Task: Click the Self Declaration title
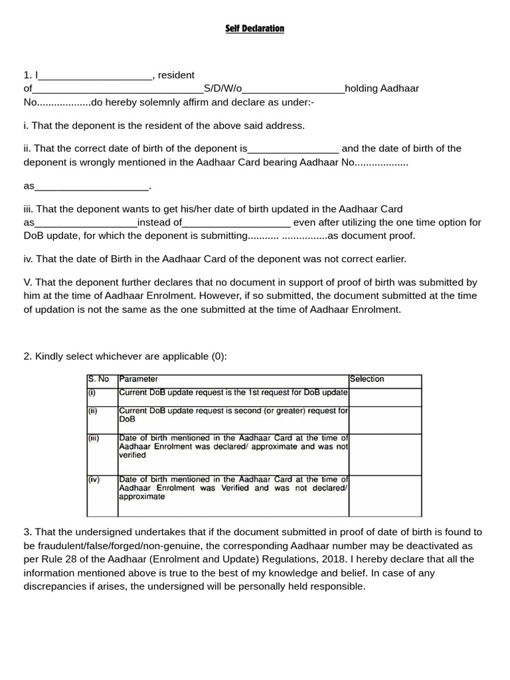pyautogui.click(x=254, y=29)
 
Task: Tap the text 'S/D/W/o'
pyautogui.click(x=224, y=88)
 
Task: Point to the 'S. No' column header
pyautogui.click(x=98, y=379)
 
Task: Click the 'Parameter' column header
pyautogui.click(x=139, y=379)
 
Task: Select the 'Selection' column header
pyautogui.click(x=367, y=379)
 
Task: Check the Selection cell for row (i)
pyautogui.click(x=385, y=396)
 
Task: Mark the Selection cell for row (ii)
pyautogui.click(x=385, y=420)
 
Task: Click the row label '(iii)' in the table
pyautogui.click(x=94, y=438)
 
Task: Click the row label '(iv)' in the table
pyautogui.click(x=94, y=479)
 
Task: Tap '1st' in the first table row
pyautogui.click(x=257, y=392)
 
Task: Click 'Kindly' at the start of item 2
pyautogui.click(x=50, y=357)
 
